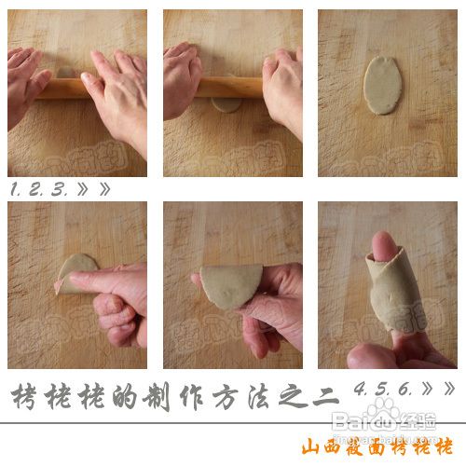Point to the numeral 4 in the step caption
(359, 387)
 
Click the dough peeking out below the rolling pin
(225, 103)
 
